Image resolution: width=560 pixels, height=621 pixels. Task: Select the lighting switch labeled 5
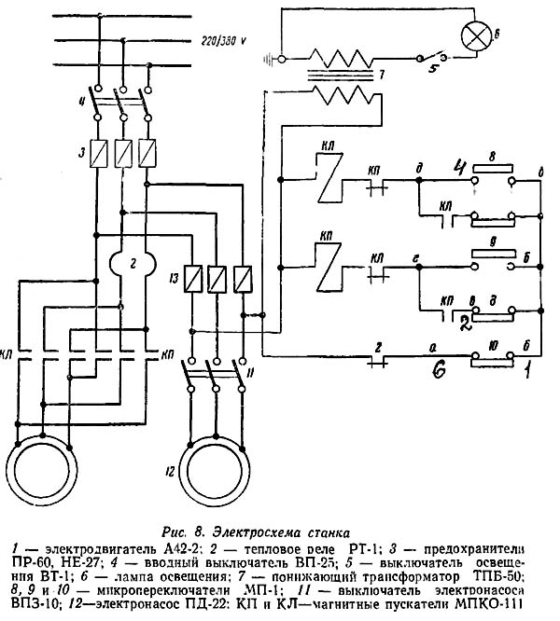pyautogui.click(x=433, y=58)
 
